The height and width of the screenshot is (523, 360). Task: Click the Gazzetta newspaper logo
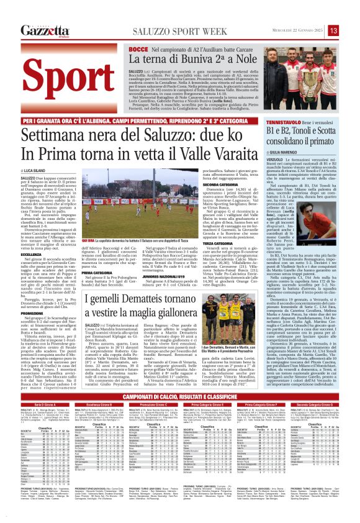(45, 30)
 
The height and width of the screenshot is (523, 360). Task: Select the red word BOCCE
(138, 48)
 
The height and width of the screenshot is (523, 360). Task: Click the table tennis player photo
(320, 235)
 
